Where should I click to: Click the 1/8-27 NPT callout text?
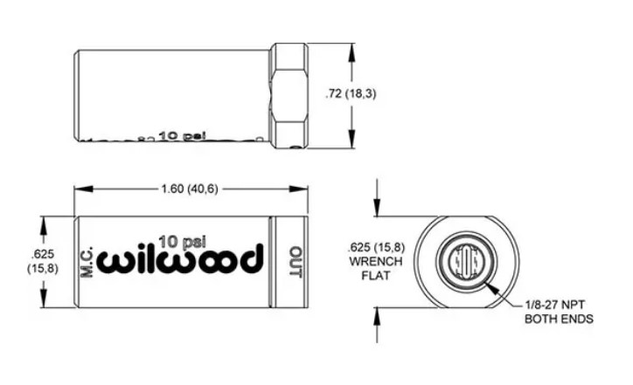559,306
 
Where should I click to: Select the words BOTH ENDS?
559,320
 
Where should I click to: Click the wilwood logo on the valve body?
180,260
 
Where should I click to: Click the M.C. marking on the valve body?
87,261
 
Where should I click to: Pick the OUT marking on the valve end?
294,261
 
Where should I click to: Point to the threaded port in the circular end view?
465,260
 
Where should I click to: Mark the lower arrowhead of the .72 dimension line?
351,145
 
